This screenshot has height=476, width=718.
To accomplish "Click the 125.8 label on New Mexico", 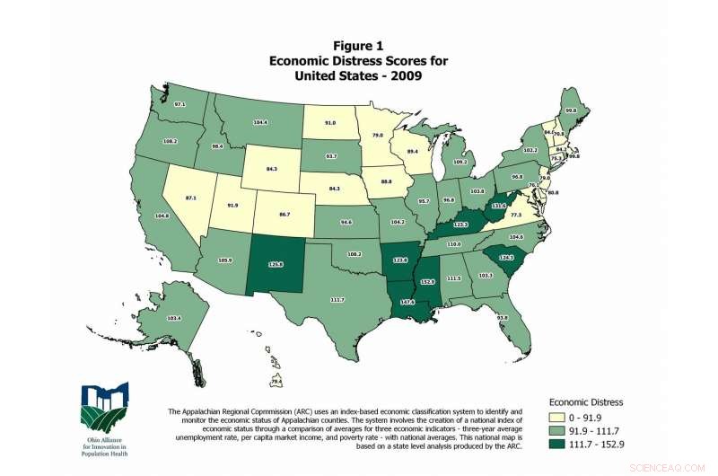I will [276, 264].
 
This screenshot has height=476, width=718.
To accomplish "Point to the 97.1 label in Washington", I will [179, 105].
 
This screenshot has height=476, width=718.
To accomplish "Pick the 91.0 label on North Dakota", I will [330, 121].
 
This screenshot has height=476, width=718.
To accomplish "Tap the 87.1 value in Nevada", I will [191, 197].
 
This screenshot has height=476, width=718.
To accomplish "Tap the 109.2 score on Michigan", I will [462, 162].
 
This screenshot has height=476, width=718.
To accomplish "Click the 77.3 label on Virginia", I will [516, 216].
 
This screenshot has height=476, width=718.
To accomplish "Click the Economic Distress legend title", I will [586, 402].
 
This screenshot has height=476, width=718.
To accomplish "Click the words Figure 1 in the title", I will [358, 46].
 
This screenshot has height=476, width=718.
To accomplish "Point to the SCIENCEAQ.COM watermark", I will [681, 467].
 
